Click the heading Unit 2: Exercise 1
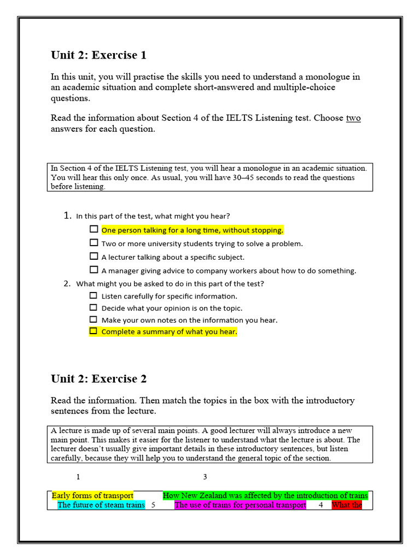98,55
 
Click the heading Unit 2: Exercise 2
98,379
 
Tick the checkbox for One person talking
94,230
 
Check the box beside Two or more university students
94,243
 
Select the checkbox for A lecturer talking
94,256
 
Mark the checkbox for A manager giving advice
94,270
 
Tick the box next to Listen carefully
94,295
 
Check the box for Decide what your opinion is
94,307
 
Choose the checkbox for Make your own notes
94,319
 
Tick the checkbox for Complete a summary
94,331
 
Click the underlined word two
353,118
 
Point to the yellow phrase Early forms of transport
92,495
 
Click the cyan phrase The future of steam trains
101,505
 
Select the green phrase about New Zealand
265,495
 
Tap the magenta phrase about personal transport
240,505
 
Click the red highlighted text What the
347,505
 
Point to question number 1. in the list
68,215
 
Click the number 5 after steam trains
153,505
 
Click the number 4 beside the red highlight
321,505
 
